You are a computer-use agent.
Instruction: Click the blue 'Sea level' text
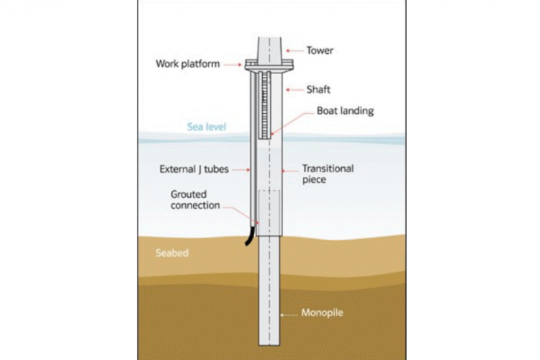coord(207,127)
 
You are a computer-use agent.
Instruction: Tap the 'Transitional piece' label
coord(328,174)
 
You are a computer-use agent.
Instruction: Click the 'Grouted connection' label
coord(197,199)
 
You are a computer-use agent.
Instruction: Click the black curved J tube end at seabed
coord(249,234)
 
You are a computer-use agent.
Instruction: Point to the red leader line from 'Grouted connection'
coord(241,211)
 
